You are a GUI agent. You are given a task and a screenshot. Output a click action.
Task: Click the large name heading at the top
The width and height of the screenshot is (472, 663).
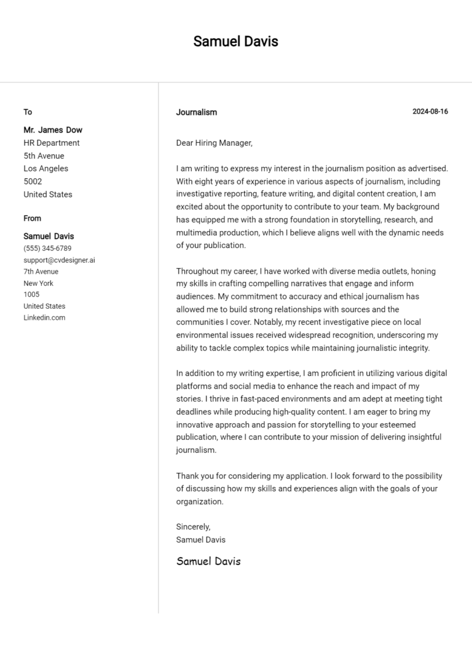235,41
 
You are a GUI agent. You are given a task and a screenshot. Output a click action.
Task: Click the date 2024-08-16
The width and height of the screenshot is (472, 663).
430,111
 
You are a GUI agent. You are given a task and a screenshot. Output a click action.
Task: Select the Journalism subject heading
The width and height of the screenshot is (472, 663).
196,112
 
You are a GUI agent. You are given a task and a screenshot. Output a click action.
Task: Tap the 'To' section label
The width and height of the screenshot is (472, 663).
28,112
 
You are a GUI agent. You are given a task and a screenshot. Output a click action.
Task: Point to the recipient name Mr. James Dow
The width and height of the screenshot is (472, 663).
53,130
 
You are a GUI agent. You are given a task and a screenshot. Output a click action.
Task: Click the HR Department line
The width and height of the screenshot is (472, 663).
52,143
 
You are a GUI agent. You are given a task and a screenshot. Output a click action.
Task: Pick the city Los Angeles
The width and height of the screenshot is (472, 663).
46,169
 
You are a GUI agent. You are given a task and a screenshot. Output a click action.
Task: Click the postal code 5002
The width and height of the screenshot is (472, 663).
33,181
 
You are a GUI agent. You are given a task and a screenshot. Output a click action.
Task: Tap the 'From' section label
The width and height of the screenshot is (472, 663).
33,218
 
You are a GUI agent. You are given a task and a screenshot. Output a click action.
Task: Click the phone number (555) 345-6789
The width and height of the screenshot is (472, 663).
47,248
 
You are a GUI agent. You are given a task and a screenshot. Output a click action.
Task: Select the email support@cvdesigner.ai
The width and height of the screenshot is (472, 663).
59,260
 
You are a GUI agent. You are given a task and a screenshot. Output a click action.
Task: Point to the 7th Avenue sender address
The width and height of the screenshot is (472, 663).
41,272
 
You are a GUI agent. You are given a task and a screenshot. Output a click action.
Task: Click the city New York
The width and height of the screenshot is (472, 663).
38,284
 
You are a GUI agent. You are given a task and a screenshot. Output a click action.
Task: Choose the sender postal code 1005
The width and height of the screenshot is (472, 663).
31,295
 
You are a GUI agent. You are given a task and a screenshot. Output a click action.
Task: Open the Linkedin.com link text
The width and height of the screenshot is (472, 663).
44,318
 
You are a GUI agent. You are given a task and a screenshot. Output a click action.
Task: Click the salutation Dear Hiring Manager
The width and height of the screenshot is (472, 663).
214,143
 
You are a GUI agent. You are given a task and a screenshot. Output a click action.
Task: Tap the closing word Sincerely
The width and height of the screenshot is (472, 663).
193,526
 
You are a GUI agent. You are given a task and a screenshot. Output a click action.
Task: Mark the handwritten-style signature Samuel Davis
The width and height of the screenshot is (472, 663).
208,561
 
